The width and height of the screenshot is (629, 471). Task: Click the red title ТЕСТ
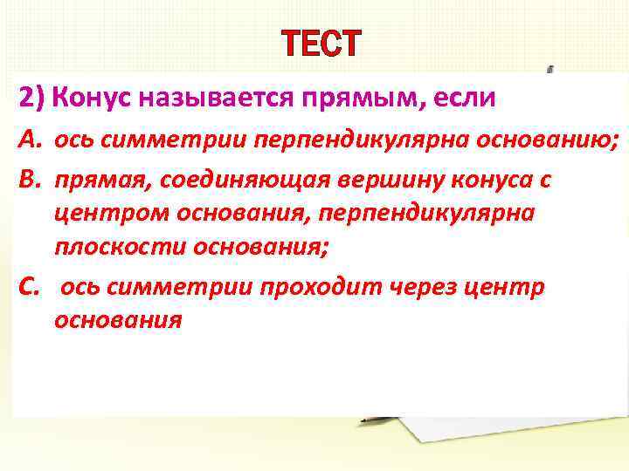tap(319, 44)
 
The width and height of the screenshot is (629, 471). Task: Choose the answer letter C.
tap(29, 289)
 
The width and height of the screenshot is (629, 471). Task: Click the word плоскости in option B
tap(107, 248)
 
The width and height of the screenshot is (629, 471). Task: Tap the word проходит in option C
tap(302, 289)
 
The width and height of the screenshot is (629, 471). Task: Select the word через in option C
tap(411, 289)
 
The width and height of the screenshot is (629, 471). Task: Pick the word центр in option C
tap(499, 289)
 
